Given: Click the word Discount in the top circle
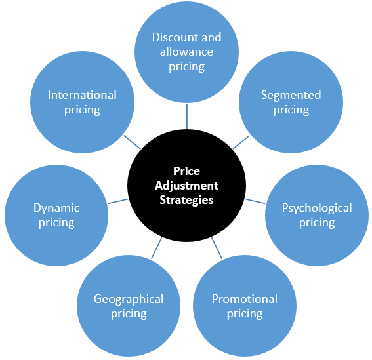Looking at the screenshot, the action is click(x=172, y=37).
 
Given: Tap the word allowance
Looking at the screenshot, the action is click(x=186, y=52).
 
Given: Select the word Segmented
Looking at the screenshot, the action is click(x=291, y=95).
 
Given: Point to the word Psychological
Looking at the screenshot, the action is click(x=317, y=209).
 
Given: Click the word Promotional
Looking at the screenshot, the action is click(x=245, y=299).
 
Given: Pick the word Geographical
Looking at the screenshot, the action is click(x=129, y=299).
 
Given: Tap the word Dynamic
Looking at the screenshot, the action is click(x=56, y=209).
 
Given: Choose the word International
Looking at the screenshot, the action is click(x=82, y=95).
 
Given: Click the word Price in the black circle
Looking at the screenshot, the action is click(x=186, y=171).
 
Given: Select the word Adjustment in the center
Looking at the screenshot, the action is click(x=186, y=186).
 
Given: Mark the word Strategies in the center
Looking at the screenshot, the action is click(x=186, y=200).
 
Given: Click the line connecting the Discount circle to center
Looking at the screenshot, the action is click(x=187, y=116).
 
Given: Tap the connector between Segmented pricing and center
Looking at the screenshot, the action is click(x=241, y=142).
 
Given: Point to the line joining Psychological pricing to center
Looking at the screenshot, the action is click(x=255, y=201).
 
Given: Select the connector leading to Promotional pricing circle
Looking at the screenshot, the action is click(x=217, y=248).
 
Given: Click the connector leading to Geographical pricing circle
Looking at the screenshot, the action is click(x=157, y=248).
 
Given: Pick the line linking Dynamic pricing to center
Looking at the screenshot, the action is click(x=118, y=201).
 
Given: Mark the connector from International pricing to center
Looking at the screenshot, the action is click(x=132, y=142).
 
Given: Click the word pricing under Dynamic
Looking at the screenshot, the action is click(x=56, y=223).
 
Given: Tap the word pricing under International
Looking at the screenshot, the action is click(x=82, y=110).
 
